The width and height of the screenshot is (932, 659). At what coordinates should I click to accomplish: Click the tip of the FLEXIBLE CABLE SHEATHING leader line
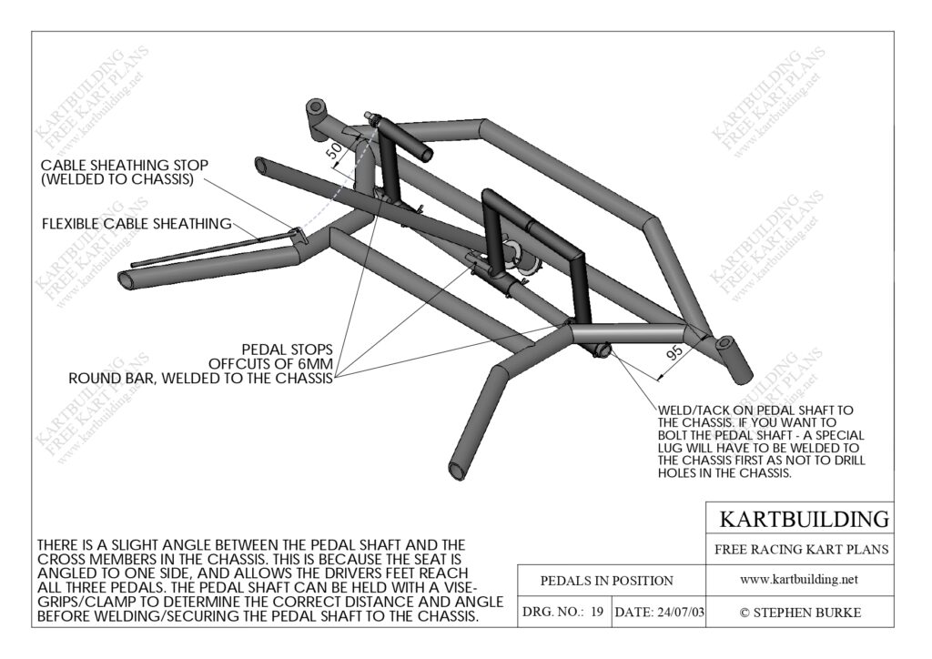[261, 239]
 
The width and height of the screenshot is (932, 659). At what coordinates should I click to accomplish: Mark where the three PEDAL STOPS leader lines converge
[335, 377]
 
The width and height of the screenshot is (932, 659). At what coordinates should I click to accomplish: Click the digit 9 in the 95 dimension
[671, 357]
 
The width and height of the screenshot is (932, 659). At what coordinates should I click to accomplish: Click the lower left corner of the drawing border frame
[32, 627]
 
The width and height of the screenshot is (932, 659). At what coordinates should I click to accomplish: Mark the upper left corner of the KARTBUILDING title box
[706, 502]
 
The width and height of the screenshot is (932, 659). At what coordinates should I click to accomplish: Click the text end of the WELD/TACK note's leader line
[659, 409]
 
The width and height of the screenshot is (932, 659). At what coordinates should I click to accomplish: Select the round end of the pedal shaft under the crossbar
[602, 350]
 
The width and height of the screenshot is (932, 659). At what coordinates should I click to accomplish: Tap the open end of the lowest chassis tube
[460, 468]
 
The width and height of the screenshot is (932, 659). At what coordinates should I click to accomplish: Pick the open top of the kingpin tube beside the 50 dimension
[316, 107]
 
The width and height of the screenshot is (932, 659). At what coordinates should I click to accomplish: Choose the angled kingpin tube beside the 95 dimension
[734, 359]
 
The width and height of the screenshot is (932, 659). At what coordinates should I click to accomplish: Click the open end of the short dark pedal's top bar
[426, 154]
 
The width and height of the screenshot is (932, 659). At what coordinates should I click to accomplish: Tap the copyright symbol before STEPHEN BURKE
[745, 613]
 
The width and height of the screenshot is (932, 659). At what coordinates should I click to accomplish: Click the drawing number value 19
[597, 612]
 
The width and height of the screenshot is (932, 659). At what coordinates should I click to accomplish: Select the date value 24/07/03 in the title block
[680, 612]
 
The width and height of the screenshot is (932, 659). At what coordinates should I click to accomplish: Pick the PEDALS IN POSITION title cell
[606, 581]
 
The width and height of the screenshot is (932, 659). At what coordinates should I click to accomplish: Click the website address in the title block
[799, 580]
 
